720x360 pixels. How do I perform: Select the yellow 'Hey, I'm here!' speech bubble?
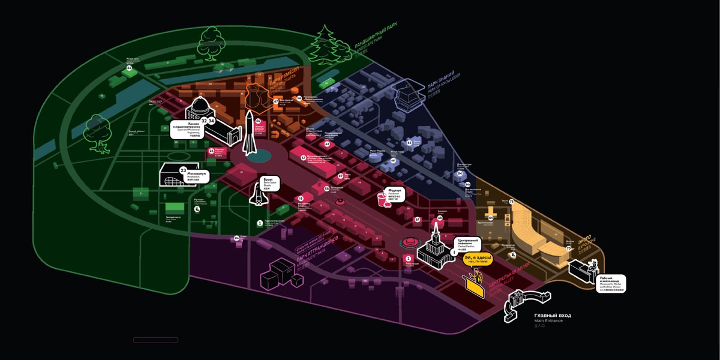click(x=478, y=259)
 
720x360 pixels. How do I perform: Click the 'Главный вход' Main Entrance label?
click(x=552, y=316)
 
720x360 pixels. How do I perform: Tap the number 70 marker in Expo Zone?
click(x=568, y=248)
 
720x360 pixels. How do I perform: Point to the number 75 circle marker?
click(x=511, y=202)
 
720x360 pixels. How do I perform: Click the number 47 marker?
click(x=276, y=101)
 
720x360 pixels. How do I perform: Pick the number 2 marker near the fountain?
click(x=409, y=259)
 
